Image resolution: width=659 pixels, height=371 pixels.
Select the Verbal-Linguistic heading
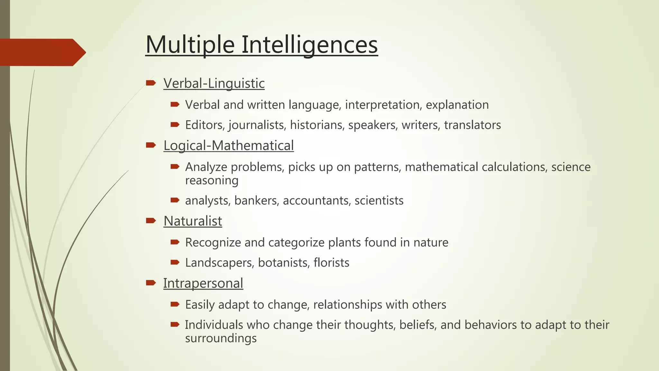214,83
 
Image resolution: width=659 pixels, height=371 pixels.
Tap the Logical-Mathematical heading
228,145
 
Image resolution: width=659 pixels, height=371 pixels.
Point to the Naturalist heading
193,221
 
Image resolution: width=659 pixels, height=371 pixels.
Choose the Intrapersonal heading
203,283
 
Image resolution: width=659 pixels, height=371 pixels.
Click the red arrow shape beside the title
42,52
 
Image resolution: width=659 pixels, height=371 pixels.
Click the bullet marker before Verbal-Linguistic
151,83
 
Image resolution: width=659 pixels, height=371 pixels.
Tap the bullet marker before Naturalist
151,221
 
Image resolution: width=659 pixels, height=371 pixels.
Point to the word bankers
256,201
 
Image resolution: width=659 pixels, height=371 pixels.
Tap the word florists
331,263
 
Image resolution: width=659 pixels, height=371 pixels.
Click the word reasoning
212,180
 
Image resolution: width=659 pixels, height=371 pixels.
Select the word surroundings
221,338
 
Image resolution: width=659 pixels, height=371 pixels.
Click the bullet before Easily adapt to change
175,304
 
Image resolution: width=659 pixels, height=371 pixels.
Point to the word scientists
379,201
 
